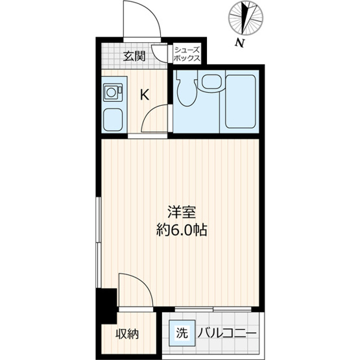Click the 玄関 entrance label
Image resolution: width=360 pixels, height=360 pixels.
pos(134,56)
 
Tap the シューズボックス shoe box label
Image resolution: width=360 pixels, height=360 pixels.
pos(187,54)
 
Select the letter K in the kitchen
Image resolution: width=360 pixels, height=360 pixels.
pos(145,95)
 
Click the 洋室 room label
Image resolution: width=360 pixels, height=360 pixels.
pos(182,212)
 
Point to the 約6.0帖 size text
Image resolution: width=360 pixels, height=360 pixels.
pos(182,230)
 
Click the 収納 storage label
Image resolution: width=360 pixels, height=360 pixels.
pos(127,334)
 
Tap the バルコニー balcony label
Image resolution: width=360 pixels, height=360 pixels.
pos(226,333)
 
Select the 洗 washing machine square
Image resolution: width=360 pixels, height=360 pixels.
pos(182,333)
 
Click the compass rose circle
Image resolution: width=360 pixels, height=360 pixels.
pos(246,18)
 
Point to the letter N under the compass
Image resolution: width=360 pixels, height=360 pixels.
pos(239,43)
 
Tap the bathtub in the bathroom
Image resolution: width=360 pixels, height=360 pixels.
pos(241,101)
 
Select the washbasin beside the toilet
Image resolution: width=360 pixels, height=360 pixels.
pos(211,82)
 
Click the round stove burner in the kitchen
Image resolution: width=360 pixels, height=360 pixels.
pos(112,93)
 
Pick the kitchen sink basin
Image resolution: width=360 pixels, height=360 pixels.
pos(112,120)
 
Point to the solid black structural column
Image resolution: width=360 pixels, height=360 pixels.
pos(106,307)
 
